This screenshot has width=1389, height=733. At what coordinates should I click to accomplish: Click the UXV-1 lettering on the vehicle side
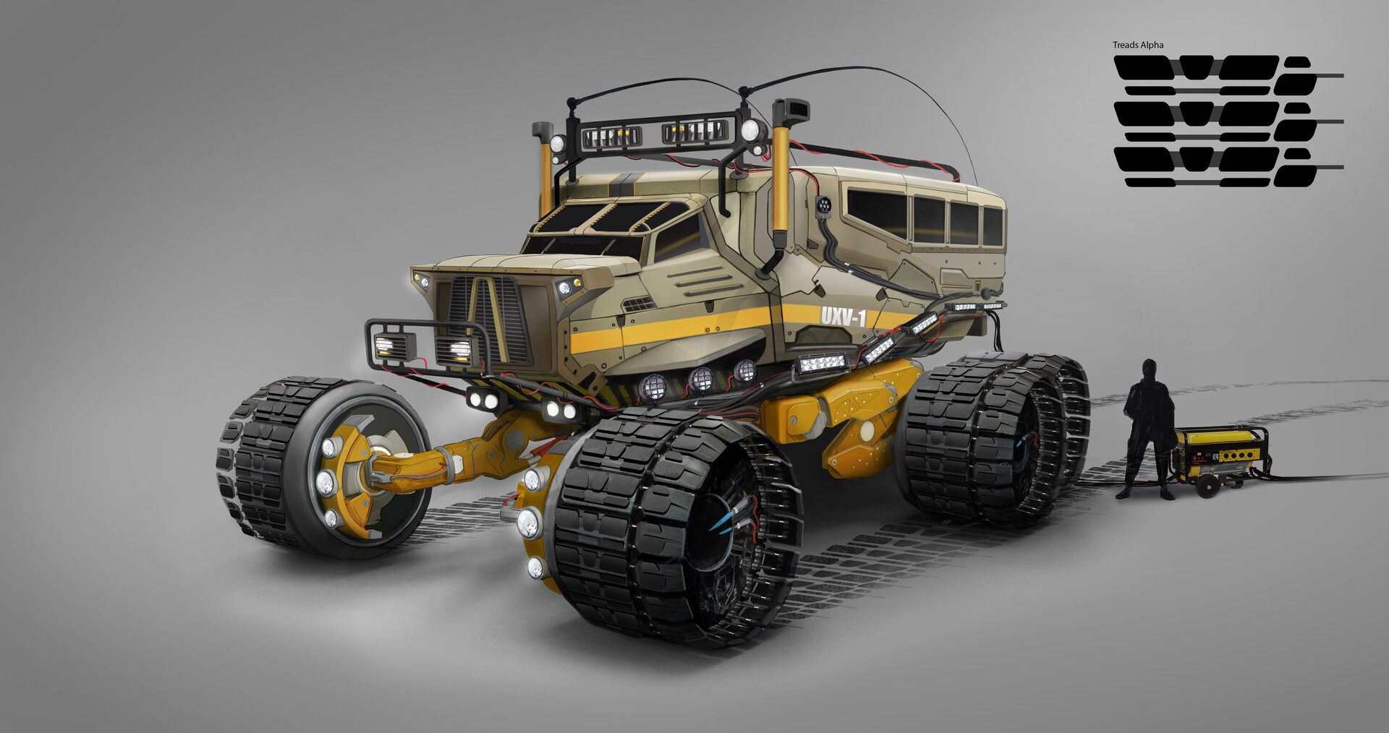(x=844, y=317)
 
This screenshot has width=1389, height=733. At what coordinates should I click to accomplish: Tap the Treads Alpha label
(x=1138, y=45)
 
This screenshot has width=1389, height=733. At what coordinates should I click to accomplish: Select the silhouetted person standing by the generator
(x=1148, y=429)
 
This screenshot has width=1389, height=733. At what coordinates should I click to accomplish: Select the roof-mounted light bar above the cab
(x=655, y=133)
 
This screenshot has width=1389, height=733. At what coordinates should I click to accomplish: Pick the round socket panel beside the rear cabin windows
(x=823, y=206)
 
